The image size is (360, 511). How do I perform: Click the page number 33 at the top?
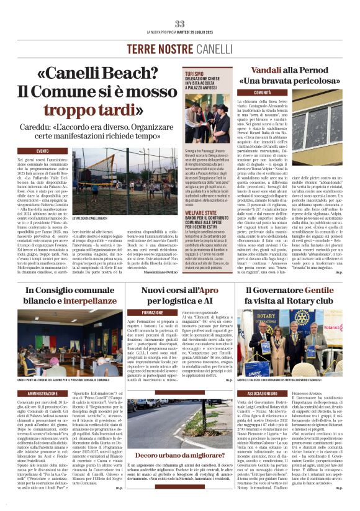[x=180, y=24]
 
